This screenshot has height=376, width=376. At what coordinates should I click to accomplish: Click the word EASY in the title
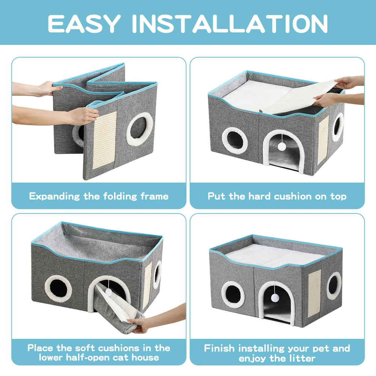pos(84,23)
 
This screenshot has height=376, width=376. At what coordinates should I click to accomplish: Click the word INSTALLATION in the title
pos(230,23)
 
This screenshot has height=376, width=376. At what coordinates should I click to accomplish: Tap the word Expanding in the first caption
pos(54,196)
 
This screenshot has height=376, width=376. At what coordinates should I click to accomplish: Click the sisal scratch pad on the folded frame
pos(104,140)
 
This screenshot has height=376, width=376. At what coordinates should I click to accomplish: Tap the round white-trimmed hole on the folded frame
pos(139,129)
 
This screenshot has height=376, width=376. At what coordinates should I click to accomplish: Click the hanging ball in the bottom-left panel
pos(109,292)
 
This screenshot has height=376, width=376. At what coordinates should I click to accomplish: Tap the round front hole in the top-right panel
pos(235,140)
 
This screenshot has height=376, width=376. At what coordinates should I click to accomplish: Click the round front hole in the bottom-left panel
pos(58,288)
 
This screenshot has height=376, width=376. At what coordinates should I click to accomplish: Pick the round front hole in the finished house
pos(233,294)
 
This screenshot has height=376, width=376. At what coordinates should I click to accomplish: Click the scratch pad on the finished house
pos(314,293)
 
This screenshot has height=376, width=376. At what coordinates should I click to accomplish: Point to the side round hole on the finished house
pos(334,286)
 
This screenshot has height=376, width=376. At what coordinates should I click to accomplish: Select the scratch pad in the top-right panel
pos(323,140)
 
